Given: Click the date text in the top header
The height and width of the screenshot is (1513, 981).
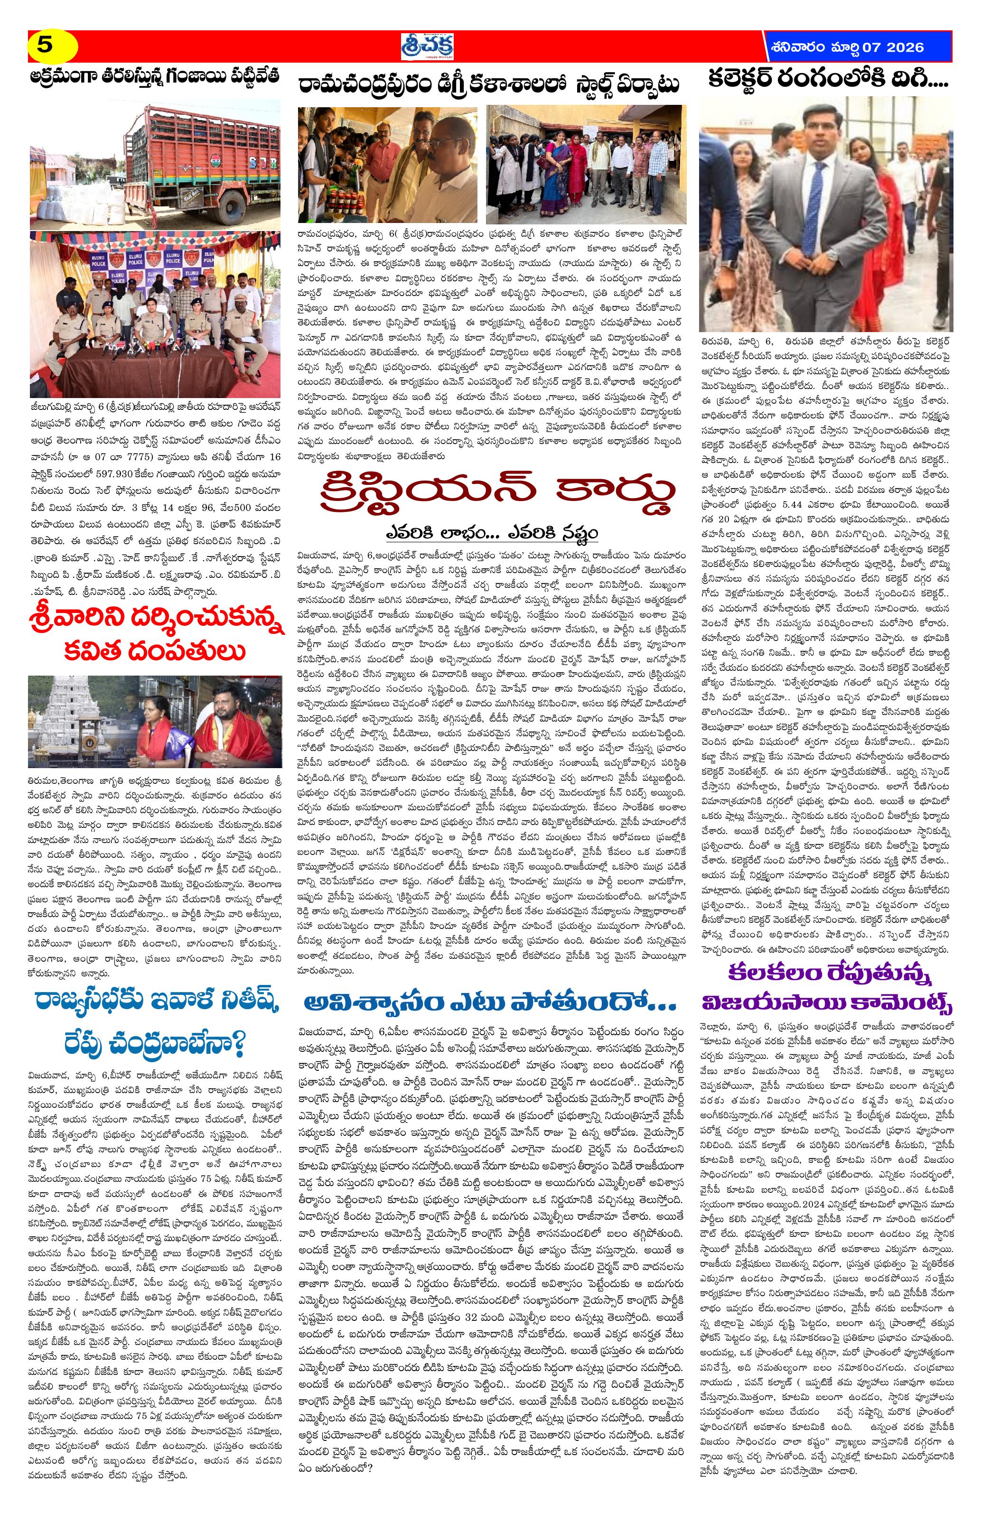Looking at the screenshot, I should pyautogui.click(x=846, y=47).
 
